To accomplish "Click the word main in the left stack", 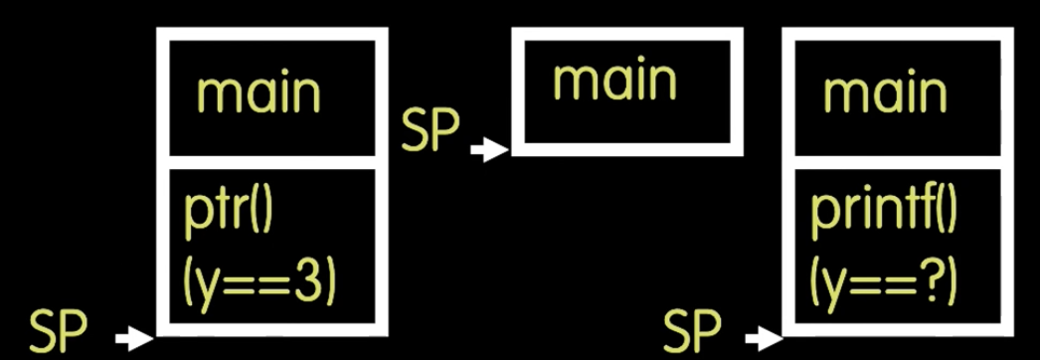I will pyautogui.click(x=259, y=94).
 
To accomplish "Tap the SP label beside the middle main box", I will pyautogui.click(x=431, y=134).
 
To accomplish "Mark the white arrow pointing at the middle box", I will pyautogui.click(x=487, y=151).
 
